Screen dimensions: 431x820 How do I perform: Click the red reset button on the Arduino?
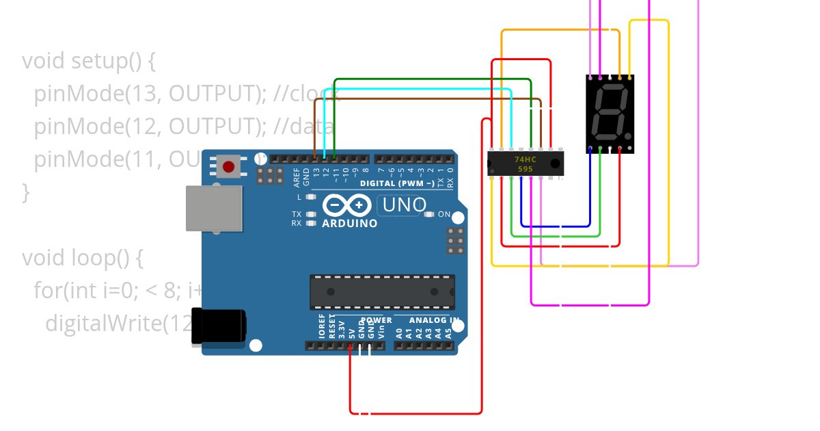(x=228, y=166)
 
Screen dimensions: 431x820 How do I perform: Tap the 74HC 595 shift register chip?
(x=525, y=164)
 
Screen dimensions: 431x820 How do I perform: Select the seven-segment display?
(x=610, y=113)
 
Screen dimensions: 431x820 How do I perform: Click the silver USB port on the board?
(x=214, y=208)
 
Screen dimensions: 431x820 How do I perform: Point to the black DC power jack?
(x=219, y=326)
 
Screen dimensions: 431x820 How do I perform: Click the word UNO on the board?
(x=405, y=205)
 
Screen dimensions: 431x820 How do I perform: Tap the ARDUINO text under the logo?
(x=349, y=223)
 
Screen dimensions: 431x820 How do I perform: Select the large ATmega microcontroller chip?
(x=382, y=291)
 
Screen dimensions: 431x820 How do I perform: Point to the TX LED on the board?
(x=311, y=214)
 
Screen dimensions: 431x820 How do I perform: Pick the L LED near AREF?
(x=311, y=197)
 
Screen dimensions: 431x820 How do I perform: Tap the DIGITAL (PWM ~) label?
(x=397, y=183)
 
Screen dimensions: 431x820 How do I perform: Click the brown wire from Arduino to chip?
(x=424, y=99)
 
